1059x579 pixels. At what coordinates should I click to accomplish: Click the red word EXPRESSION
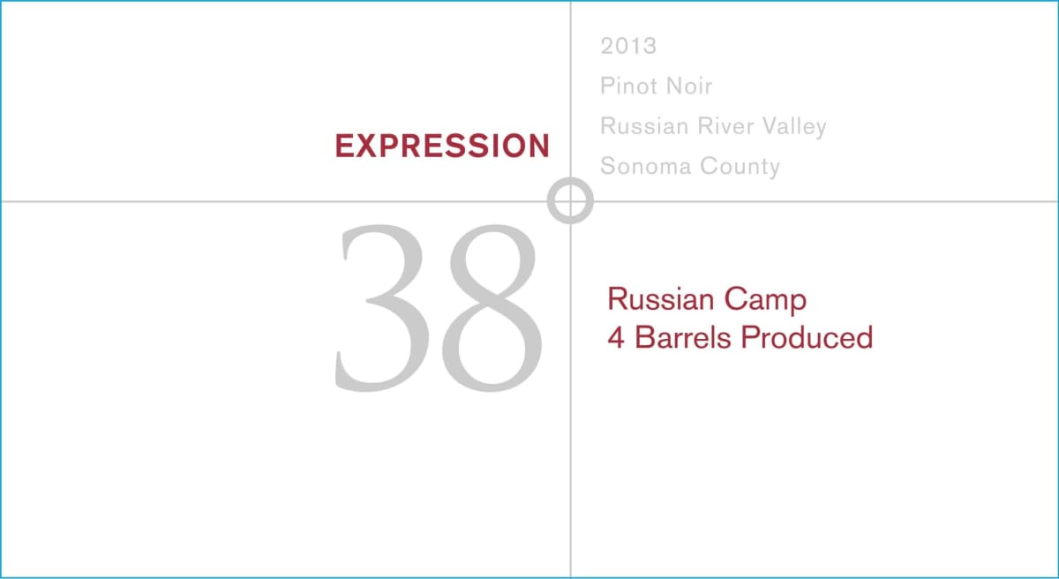[x=442, y=147]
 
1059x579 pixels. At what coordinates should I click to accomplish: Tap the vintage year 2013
[x=628, y=46]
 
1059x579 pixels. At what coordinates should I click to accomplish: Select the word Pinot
[x=629, y=86]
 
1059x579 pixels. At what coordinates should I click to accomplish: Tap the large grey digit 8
[x=492, y=306]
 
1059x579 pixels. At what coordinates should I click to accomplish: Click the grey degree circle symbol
[x=570, y=200]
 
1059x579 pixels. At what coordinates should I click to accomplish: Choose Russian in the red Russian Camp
[x=660, y=300]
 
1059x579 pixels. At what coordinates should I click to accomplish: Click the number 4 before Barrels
[x=616, y=338]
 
